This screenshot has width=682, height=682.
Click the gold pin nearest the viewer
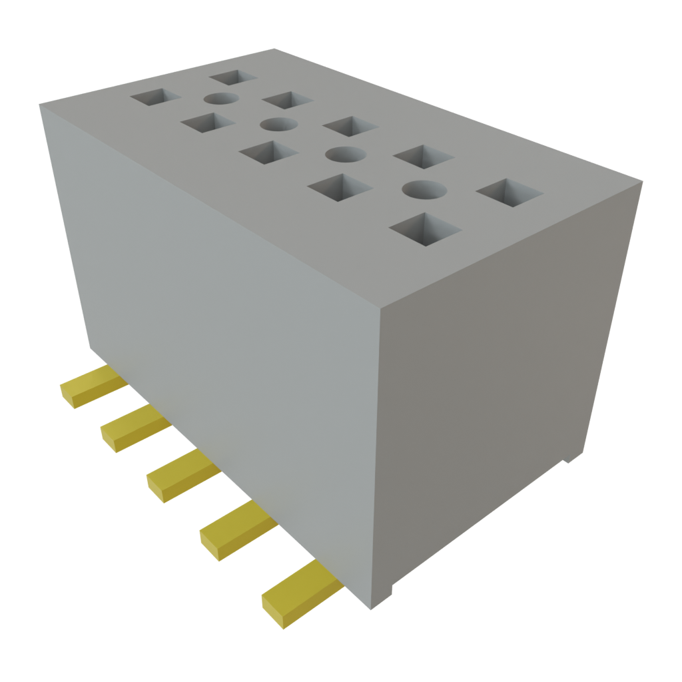coord(300,595)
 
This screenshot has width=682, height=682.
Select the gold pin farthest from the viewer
coord(89,388)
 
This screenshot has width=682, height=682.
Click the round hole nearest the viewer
coord(424,190)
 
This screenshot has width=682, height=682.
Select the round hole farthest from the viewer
coord(221,99)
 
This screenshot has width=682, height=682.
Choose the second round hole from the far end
coord(278,125)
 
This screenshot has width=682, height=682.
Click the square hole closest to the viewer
coord(425,229)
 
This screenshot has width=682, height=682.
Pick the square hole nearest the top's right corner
coord(510,192)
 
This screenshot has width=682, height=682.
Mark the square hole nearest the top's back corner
coord(232,77)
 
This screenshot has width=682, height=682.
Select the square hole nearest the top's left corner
coord(155,99)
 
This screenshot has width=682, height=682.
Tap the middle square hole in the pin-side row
coord(268,153)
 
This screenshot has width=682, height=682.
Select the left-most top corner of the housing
coord(39,105)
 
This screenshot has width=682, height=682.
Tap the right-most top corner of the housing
coord(643,180)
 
